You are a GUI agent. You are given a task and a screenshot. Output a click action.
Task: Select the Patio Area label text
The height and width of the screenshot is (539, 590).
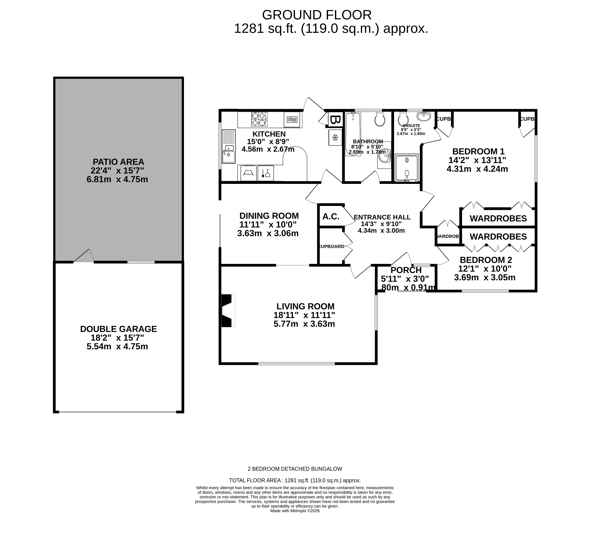coord(118,162)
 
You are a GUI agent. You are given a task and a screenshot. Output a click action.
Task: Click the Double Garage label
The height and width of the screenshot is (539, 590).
coord(118,329)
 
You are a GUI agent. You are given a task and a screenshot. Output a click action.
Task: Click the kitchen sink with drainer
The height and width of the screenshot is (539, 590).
coord(229,146)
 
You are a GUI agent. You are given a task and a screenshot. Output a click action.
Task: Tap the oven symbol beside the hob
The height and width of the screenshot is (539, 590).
coord(292,120)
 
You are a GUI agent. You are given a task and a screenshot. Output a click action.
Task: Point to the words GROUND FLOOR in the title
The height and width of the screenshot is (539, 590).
coord(317,15)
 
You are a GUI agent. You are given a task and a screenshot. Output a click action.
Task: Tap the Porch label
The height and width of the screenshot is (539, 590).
coord(406,270)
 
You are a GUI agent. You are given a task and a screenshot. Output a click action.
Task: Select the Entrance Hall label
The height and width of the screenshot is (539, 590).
coord(382,217)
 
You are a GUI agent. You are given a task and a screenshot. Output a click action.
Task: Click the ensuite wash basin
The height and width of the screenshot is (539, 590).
coord(424,116)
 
